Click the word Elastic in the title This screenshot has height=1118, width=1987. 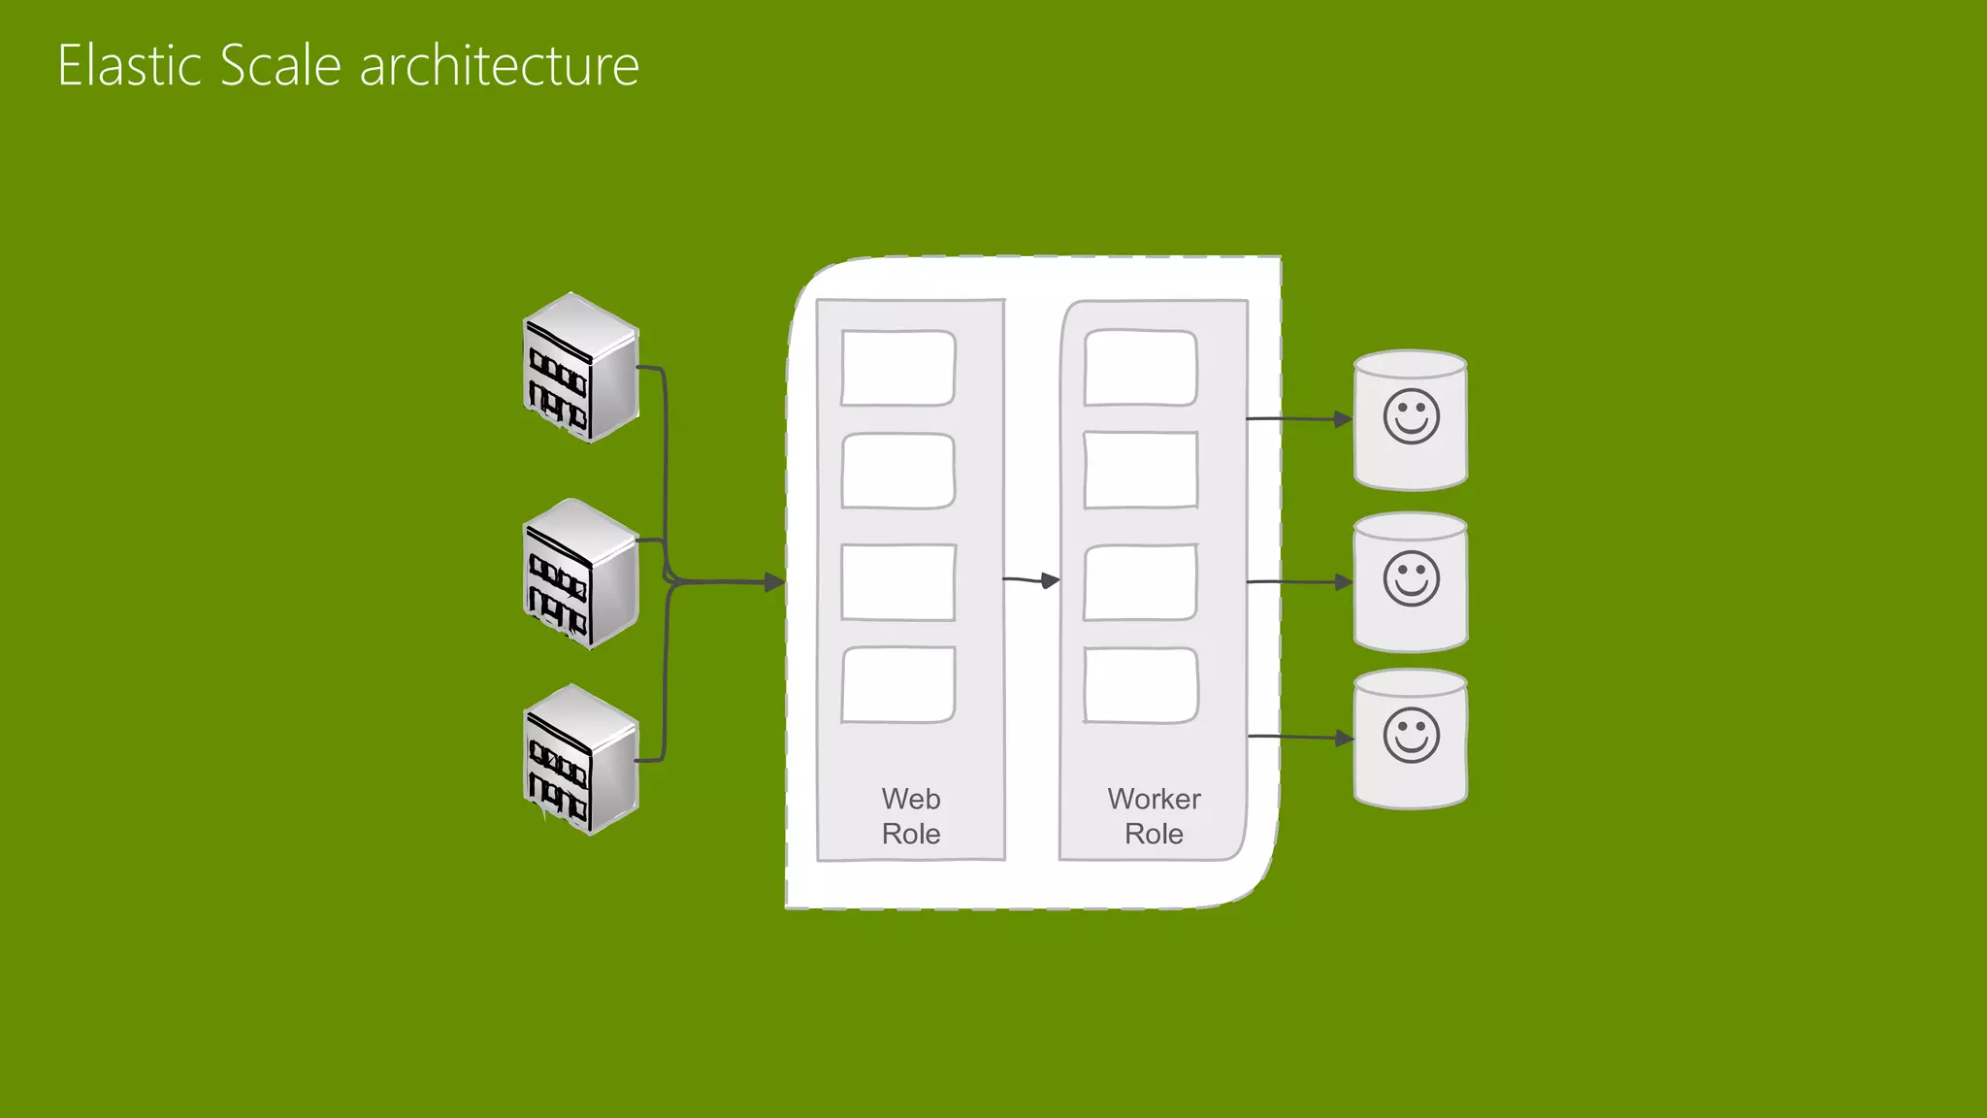(x=130, y=66)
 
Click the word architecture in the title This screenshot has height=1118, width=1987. (x=499, y=66)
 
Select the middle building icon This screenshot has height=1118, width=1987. (x=580, y=575)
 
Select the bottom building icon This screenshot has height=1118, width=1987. (x=580, y=760)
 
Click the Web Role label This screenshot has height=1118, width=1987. (x=910, y=816)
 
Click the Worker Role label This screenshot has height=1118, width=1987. (x=1154, y=816)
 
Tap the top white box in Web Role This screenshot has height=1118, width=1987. (x=897, y=368)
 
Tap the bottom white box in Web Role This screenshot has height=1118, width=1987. (x=897, y=685)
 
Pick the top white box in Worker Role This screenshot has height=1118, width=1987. (x=1140, y=368)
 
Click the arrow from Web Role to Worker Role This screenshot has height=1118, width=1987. (x=1030, y=580)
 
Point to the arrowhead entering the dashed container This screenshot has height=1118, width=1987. (x=774, y=582)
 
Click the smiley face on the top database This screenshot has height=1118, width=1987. (x=1411, y=417)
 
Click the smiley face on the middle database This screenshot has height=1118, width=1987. (x=1411, y=579)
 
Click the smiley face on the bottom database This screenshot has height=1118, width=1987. (x=1411, y=736)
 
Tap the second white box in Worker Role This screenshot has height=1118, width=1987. (x=1140, y=471)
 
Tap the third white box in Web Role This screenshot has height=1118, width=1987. (x=897, y=582)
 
